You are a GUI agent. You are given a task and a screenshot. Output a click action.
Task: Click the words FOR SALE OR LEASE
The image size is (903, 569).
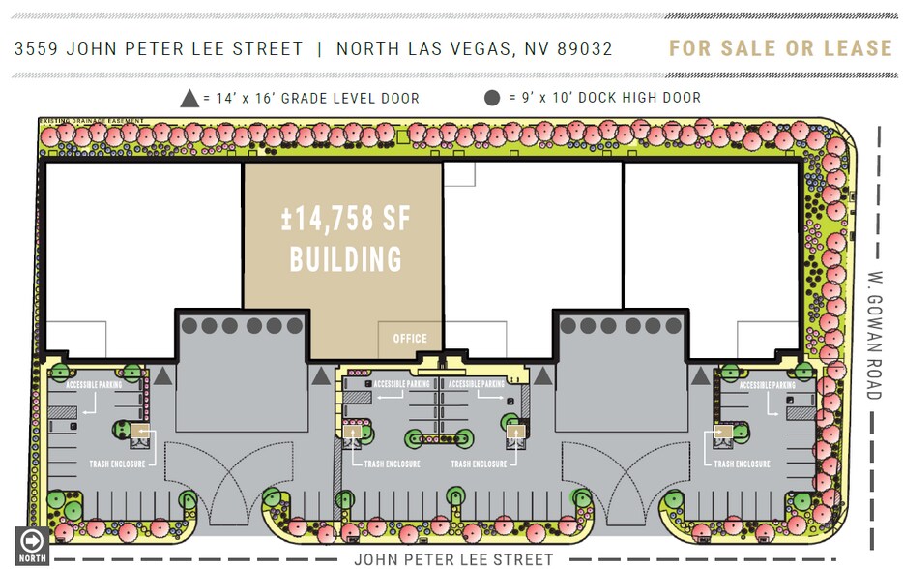click(780, 48)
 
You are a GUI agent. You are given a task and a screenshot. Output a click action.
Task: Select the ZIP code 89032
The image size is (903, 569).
click(584, 48)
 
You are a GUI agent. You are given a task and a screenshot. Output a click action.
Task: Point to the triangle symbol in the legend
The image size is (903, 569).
click(190, 98)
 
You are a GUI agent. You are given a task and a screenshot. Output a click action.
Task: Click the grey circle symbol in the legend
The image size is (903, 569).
click(493, 98)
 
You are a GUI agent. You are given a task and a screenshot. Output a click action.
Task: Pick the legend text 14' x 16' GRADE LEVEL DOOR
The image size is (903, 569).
click(311, 98)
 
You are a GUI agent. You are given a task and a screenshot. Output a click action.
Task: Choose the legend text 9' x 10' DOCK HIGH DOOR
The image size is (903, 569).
click(604, 98)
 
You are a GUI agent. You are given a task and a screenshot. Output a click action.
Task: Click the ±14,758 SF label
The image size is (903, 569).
click(345, 219)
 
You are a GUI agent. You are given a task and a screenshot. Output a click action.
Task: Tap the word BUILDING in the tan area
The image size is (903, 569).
click(345, 259)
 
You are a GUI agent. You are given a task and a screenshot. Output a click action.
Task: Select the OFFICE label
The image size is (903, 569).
click(410, 339)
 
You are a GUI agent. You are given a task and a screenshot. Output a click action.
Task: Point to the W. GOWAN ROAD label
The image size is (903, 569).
click(874, 333)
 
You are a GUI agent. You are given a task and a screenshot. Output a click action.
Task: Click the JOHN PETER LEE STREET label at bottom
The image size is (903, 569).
click(453, 559)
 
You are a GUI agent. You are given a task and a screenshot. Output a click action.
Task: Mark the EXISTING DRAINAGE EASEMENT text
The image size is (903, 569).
click(92, 121)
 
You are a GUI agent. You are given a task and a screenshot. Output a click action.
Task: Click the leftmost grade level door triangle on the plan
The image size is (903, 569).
click(163, 374)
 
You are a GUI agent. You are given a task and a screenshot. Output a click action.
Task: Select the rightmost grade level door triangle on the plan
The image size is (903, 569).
click(697, 374)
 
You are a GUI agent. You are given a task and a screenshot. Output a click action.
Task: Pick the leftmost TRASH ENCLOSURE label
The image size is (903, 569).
click(117, 464)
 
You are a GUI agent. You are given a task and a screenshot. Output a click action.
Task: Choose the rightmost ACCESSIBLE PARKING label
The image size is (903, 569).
click(768, 385)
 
